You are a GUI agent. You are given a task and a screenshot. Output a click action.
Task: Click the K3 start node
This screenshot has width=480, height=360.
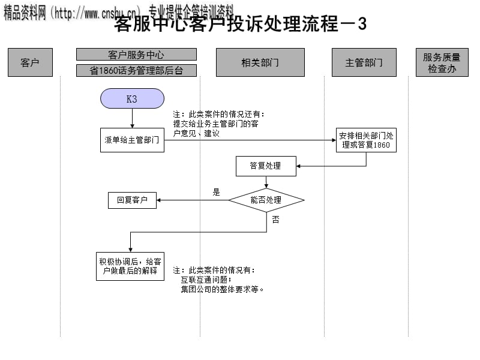(132, 99)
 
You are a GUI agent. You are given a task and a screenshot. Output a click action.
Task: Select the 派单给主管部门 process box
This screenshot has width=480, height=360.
(132, 140)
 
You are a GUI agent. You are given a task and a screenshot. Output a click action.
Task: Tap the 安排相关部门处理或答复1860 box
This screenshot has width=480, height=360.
(366, 140)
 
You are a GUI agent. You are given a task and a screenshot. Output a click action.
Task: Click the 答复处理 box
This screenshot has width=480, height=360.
(266, 166)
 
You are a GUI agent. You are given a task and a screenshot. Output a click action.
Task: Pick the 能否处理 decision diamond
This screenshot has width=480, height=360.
(266, 200)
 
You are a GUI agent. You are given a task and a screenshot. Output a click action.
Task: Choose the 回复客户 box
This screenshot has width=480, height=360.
(132, 200)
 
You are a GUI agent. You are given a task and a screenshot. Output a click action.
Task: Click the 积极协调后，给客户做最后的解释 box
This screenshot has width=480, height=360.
(130, 266)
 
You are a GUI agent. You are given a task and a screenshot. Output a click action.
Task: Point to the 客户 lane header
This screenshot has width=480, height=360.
(30, 62)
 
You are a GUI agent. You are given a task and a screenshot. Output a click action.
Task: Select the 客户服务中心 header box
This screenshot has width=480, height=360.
(136, 55)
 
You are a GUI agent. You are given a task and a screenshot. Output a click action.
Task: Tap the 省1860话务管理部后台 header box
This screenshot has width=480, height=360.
(136, 71)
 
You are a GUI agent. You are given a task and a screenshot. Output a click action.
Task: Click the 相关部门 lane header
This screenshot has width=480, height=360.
(260, 62)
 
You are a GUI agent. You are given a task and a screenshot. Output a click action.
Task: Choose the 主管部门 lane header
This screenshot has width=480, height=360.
(364, 62)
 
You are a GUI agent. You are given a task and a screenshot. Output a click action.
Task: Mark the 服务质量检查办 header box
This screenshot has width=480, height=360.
(442, 62)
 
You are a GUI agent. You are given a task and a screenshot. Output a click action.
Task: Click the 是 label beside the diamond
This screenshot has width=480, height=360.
(217, 193)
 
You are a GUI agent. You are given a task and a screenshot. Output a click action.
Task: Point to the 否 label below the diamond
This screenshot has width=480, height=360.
(275, 220)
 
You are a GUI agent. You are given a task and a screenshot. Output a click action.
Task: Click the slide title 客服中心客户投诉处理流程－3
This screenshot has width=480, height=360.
(240, 25)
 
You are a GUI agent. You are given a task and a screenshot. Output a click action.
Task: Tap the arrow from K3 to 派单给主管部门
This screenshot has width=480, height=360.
(132, 118)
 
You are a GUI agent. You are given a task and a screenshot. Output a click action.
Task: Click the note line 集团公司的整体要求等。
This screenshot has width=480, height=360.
(223, 289)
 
